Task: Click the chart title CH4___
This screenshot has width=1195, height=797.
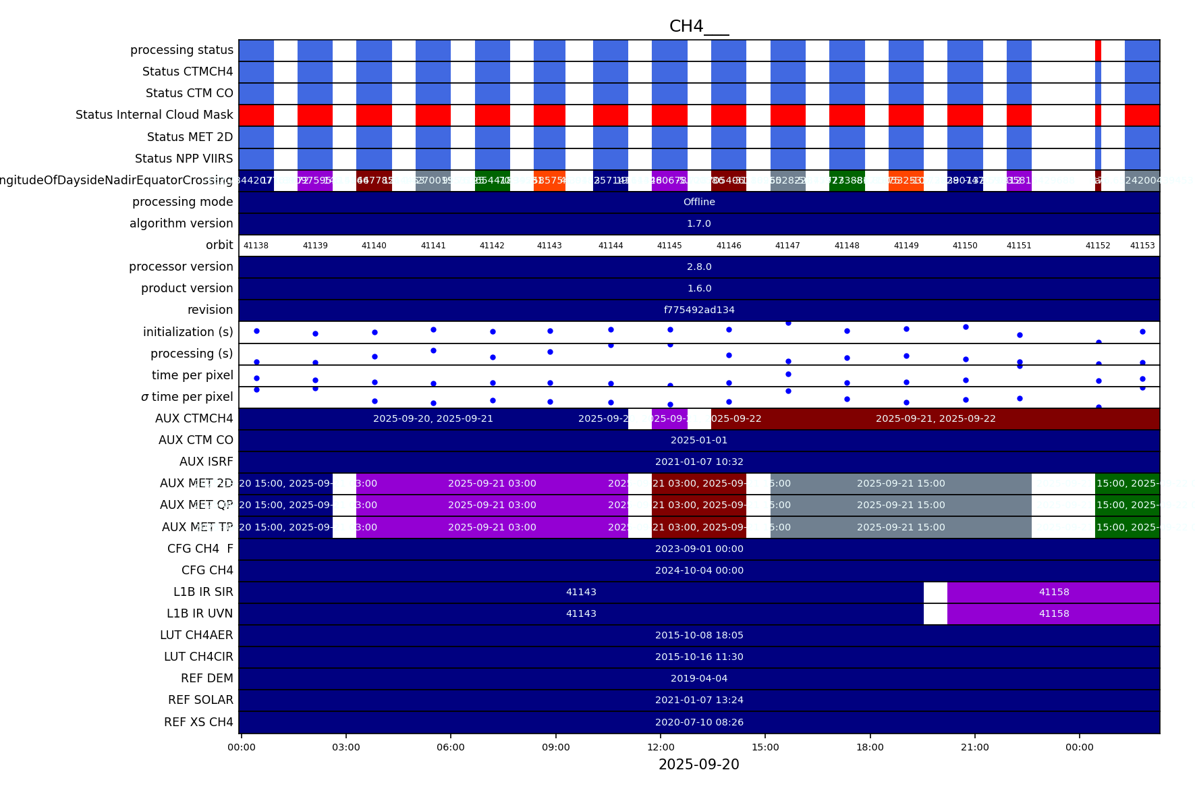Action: (x=698, y=26)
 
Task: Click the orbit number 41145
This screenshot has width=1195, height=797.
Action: (x=669, y=246)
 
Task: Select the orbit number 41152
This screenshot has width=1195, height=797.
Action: (x=1098, y=246)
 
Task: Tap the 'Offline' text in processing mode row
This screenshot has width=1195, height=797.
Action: (x=699, y=202)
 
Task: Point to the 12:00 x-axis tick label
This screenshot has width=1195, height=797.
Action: (x=661, y=747)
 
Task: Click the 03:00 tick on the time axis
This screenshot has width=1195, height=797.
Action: (x=346, y=747)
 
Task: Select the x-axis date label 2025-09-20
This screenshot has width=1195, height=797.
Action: (x=698, y=765)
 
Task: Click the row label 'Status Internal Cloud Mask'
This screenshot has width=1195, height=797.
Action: (x=155, y=115)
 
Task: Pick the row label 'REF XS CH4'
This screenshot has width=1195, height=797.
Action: (x=198, y=722)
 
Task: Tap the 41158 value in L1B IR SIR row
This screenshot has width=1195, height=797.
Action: (x=1054, y=592)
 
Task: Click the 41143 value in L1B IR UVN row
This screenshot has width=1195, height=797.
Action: (x=581, y=613)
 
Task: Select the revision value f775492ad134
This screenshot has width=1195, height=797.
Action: (x=699, y=310)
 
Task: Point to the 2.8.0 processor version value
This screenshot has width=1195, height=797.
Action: (x=699, y=267)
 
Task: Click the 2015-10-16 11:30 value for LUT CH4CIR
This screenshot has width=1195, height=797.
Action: (x=699, y=657)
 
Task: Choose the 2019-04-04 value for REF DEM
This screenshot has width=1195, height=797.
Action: (x=699, y=678)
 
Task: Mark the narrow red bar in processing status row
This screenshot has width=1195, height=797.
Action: (x=1098, y=50)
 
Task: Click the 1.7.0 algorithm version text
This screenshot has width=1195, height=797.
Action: (x=699, y=223)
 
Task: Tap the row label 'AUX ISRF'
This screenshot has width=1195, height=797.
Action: (x=206, y=462)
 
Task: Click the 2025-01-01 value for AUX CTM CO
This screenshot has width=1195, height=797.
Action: (x=699, y=440)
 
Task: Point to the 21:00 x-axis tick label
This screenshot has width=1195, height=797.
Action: (x=975, y=747)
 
